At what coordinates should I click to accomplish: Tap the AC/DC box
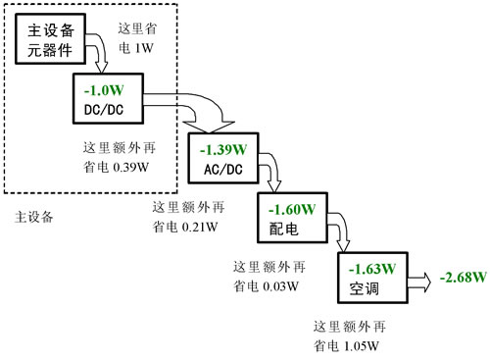[x=220, y=157]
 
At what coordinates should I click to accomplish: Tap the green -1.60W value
[x=291, y=209]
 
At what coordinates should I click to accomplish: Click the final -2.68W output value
[x=464, y=278]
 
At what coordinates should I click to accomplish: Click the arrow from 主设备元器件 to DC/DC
[x=99, y=53]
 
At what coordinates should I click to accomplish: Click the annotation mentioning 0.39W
[x=120, y=158]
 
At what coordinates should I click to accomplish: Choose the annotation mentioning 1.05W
[x=347, y=335]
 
